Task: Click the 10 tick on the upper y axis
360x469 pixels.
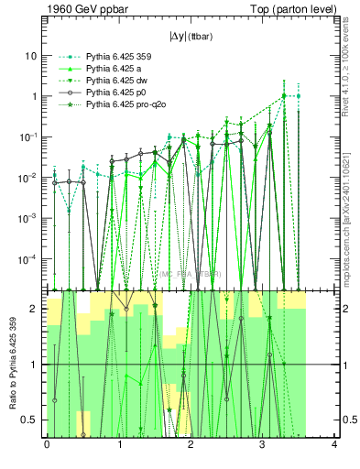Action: coord(31,56)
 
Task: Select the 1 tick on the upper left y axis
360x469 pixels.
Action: coord(34,96)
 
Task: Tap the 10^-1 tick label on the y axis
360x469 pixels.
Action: coord(29,136)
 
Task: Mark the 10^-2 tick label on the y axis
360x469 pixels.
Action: coord(29,177)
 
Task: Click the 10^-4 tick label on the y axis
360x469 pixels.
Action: coord(29,258)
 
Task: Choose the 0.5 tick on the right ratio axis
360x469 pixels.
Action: coord(349,420)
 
